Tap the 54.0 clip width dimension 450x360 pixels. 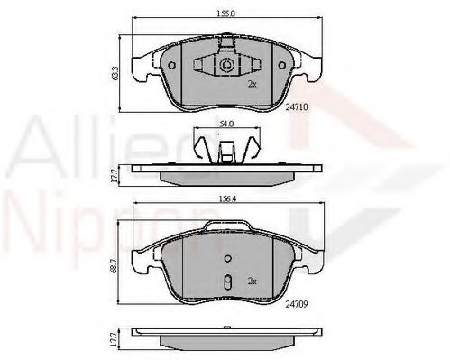click(x=227, y=124)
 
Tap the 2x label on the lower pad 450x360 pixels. click(x=252, y=280)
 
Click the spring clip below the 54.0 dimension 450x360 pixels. click(x=227, y=147)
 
